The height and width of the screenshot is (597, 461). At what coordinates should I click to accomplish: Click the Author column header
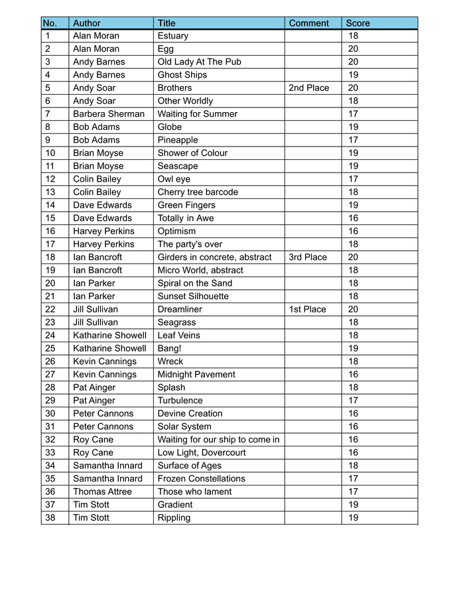(87, 23)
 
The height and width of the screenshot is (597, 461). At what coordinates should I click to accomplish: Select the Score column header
(358, 23)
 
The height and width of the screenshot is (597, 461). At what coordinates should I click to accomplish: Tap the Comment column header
(308, 23)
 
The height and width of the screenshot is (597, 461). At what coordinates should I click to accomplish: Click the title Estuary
(173, 36)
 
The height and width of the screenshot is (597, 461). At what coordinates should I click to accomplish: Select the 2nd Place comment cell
(308, 88)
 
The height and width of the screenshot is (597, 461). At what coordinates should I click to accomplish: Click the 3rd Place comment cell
(308, 257)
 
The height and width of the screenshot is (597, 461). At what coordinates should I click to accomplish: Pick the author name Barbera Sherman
(109, 114)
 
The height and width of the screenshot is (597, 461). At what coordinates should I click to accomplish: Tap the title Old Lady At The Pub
(200, 62)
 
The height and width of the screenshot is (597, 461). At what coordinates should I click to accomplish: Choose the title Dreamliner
(180, 309)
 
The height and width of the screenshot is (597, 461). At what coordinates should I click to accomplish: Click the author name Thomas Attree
(102, 492)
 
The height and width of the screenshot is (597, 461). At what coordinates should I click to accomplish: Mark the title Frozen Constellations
(201, 478)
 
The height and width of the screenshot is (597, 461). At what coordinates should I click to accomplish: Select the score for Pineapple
(353, 140)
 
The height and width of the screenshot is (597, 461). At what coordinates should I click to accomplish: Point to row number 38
(50, 517)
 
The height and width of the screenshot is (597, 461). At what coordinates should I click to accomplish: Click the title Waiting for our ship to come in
(218, 440)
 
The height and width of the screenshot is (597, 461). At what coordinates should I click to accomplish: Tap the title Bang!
(170, 348)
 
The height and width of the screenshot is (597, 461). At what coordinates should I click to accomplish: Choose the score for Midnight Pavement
(353, 374)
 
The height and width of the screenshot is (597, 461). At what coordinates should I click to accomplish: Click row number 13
(50, 192)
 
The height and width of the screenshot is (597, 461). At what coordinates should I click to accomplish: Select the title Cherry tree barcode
(198, 192)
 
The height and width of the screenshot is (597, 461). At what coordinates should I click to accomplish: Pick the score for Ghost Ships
(353, 75)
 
